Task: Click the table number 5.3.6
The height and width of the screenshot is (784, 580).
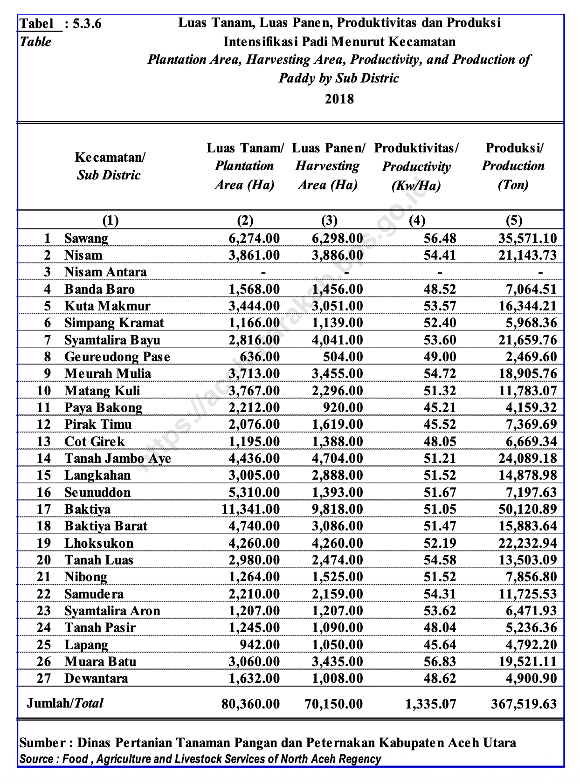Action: (x=87, y=23)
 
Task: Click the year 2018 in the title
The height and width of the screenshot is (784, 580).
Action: (x=339, y=99)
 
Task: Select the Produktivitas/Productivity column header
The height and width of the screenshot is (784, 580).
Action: (x=416, y=167)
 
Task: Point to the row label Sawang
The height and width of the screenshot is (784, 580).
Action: (x=86, y=239)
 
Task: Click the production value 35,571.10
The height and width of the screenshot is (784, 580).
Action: (x=527, y=239)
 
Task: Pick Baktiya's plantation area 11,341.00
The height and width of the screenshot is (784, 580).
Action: (x=250, y=509)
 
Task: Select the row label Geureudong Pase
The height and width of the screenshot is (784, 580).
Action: (x=117, y=357)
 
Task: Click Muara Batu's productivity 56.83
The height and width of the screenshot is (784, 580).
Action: (x=440, y=661)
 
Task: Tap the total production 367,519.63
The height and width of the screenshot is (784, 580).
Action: (x=524, y=703)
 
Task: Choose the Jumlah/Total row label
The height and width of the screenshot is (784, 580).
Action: (x=65, y=703)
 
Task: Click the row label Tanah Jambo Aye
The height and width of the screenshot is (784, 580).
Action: (x=117, y=459)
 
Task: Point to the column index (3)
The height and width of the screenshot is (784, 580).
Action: (x=329, y=220)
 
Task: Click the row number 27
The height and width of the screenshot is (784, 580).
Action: (x=43, y=678)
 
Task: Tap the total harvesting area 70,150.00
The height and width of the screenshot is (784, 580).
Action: (x=333, y=703)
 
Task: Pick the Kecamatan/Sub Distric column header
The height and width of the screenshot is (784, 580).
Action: (x=109, y=166)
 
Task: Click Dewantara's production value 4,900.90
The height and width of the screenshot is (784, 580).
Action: (x=531, y=678)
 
